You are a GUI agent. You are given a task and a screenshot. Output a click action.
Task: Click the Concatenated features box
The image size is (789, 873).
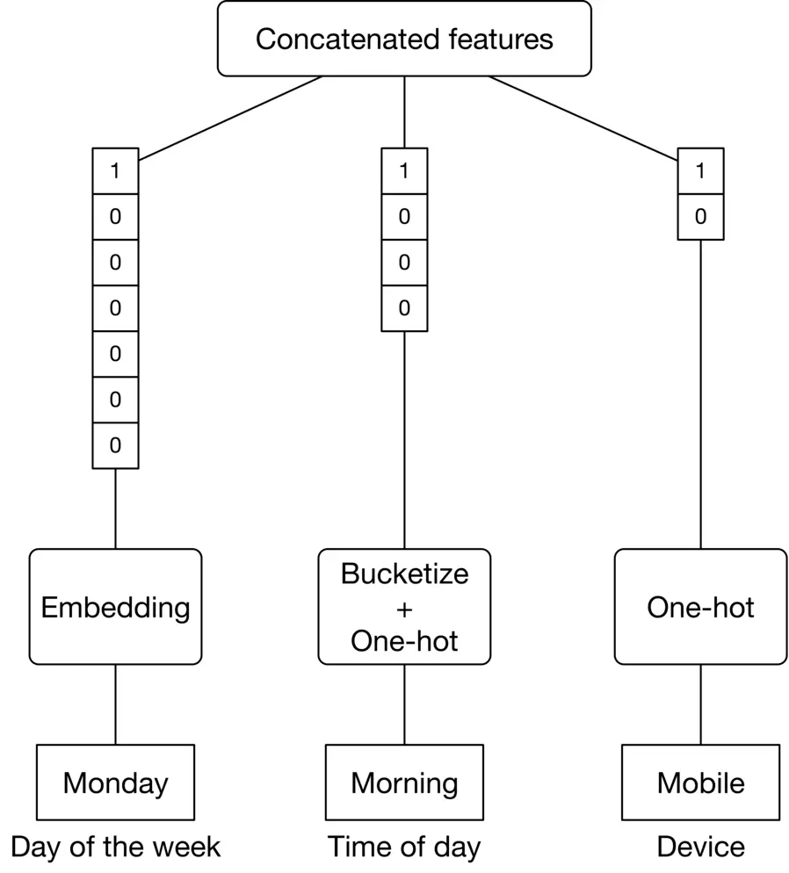coord(404,39)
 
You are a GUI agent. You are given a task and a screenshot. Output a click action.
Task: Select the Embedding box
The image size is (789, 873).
coord(115,607)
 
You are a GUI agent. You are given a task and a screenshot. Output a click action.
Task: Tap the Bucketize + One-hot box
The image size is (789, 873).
coord(404,607)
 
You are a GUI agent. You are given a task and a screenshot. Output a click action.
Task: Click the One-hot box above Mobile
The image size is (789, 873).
coord(700,607)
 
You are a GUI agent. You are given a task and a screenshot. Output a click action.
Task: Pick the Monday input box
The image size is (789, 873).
coord(115,782)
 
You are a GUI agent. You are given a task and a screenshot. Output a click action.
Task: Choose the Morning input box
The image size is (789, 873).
coord(404,782)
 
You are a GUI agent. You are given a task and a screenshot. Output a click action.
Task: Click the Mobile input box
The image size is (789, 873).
coord(700,782)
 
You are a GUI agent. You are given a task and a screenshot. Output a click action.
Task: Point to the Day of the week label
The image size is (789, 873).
coord(115,847)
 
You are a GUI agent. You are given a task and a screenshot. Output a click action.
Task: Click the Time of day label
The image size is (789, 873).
coord(404,847)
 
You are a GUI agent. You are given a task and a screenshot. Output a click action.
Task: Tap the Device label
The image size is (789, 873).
coord(700,847)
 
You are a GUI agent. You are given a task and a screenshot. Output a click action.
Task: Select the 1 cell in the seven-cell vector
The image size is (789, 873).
coord(115,170)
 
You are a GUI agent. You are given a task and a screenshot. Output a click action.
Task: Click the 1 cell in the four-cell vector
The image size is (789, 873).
coord(404,170)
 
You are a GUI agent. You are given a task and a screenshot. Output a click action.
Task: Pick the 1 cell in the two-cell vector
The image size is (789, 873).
coord(700,170)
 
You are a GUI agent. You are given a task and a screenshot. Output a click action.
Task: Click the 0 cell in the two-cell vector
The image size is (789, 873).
coord(700,216)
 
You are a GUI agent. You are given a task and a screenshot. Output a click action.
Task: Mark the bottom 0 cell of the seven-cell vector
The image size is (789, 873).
coord(115,445)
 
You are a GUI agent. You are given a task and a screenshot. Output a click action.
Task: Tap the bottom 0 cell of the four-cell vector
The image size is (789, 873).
coord(404,308)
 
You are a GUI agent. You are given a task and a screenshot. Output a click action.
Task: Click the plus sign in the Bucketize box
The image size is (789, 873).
coord(404,608)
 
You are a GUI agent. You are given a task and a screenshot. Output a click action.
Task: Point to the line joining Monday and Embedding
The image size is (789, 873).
coord(115,704)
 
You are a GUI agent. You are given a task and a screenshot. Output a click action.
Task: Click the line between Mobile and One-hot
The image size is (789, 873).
coord(700,704)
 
